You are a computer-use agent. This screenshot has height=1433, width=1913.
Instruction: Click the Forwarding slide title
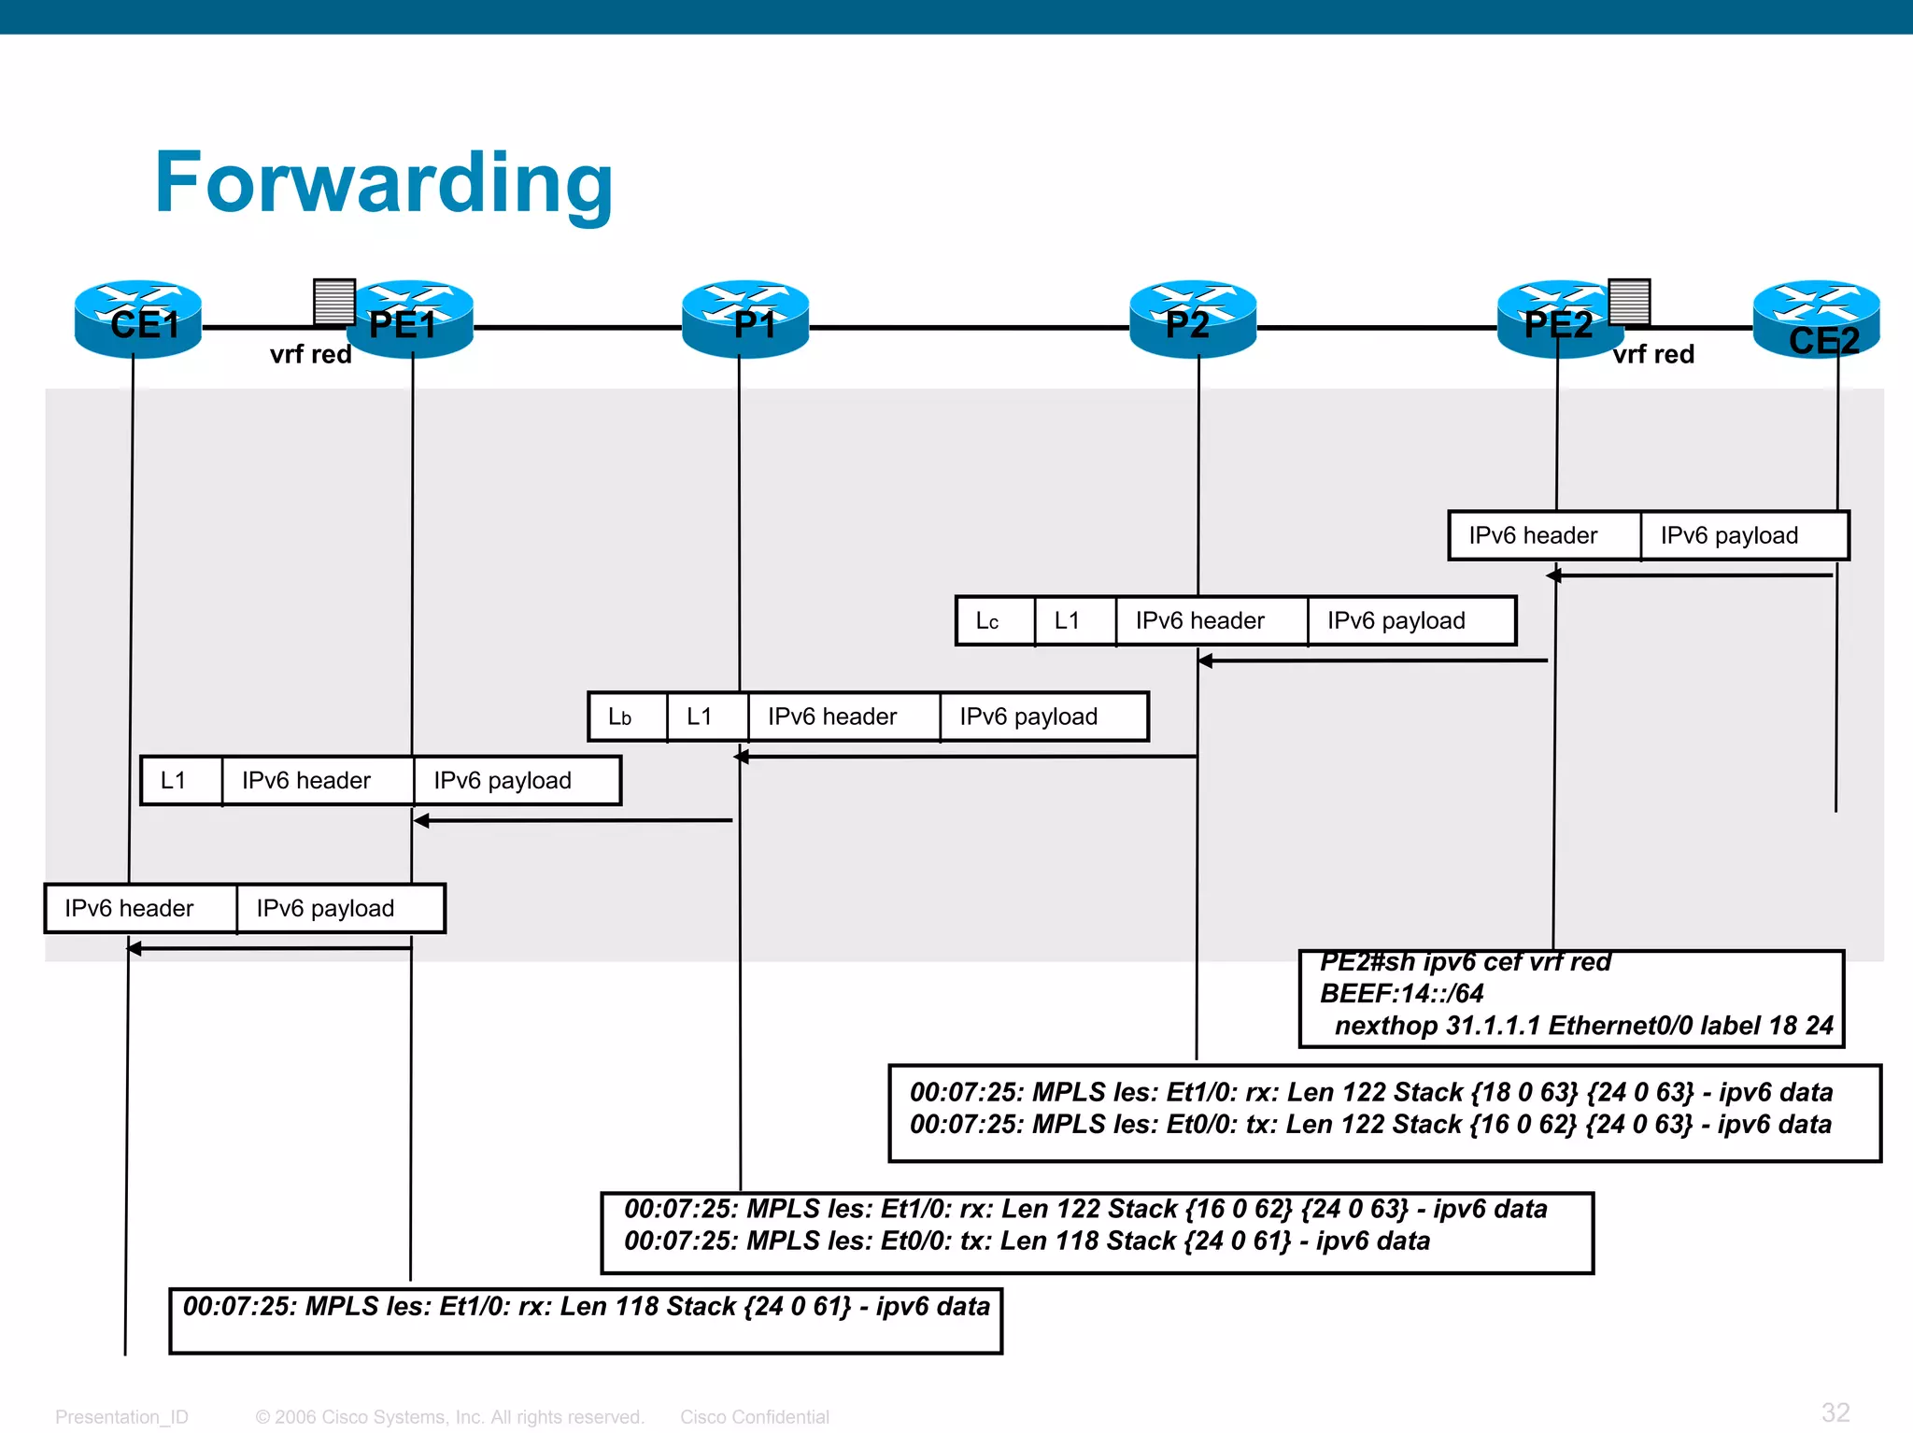[383, 183]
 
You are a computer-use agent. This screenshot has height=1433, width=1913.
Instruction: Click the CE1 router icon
[138, 319]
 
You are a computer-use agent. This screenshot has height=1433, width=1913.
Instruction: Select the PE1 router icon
[411, 319]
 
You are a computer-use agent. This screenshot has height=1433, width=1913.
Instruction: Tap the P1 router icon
[744, 319]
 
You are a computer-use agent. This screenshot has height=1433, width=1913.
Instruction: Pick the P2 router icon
[1193, 319]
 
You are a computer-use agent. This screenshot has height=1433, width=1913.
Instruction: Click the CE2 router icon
[1816, 320]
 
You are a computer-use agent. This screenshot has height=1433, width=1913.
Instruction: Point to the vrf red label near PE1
[310, 355]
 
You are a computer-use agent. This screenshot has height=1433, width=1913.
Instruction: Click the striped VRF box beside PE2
[1629, 301]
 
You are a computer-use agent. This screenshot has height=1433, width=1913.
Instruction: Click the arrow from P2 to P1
[967, 757]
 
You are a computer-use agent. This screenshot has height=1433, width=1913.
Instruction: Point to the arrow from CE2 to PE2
[1691, 575]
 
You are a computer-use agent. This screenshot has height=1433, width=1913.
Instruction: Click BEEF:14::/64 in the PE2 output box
[1401, 994]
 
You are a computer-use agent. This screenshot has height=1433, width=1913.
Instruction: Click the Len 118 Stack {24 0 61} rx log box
[586, 1320]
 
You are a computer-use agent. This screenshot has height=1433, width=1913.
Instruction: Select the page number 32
[1835, 1412]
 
